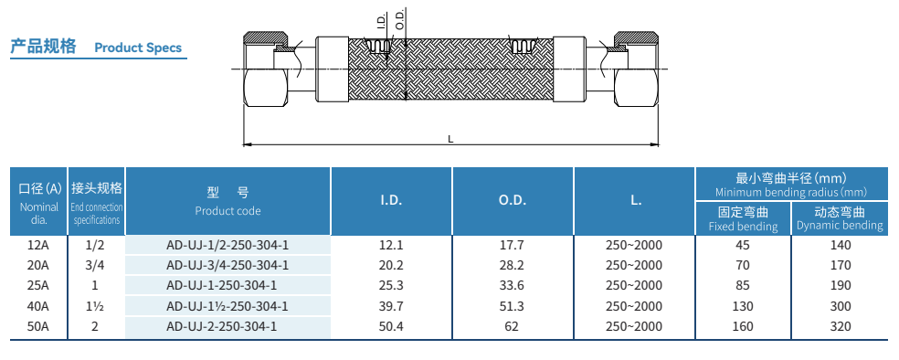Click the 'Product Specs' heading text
pos(138,48)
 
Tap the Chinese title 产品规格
pos(43,47)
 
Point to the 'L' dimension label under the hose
pos(450,139)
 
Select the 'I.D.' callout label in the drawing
pos(382,22)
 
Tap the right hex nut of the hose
pos(637,69)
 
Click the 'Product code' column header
pos(227,211)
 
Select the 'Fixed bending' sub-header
pos(743,227)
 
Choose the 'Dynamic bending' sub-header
pos(840,226)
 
